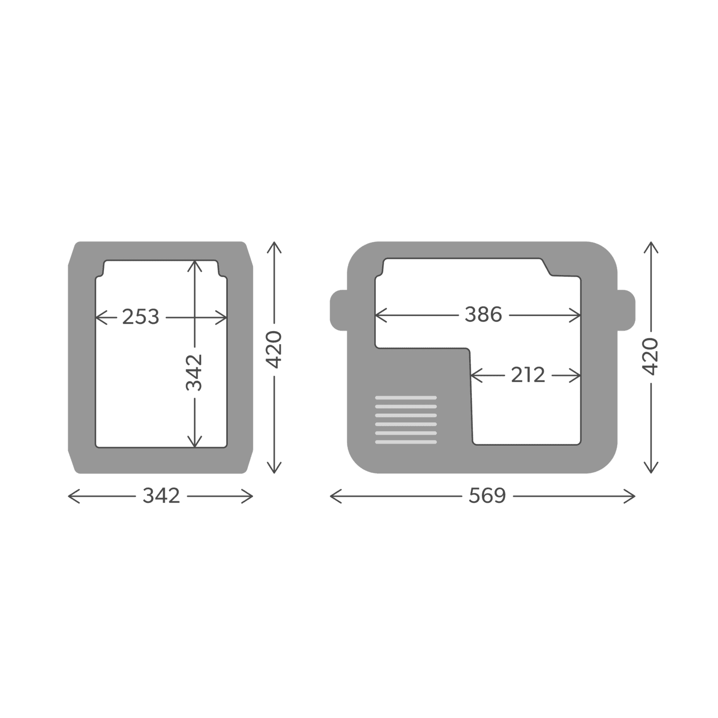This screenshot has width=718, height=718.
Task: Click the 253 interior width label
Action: (x=140, y=317)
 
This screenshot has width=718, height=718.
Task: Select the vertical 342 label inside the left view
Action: (x=194, y=373)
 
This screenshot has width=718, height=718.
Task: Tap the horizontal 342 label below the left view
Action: (x=161, y=496)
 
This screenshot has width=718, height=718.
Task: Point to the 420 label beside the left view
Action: (x=274, y=350)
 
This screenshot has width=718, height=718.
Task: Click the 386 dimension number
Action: (x=483, y=315)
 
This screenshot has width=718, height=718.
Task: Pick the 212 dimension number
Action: (x=527, y=375)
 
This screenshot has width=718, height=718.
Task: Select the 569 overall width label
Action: (x=487, y=496)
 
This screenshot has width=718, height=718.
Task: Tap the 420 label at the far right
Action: (x=651, y=356)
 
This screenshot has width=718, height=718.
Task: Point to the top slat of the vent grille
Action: (x=406, y=398)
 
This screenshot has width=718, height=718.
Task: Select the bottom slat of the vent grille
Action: (x=406, y=442)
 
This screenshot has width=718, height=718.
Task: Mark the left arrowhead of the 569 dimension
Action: (x=332, y=496)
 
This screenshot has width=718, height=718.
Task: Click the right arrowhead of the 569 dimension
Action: (x=632, y=496)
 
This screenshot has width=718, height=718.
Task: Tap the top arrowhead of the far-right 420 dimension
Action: (x=651, y=245)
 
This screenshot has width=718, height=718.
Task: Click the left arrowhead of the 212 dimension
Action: (x=473, y=375)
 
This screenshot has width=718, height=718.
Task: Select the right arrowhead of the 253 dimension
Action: (x=224, y=317)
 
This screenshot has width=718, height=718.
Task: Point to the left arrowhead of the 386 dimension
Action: (x=378, y=315)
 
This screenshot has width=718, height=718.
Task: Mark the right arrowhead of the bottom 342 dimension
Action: (x=250, y=496)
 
